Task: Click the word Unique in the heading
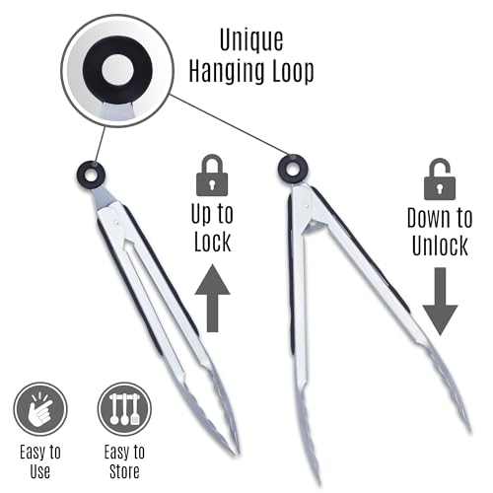(251, 40)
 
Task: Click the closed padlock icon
(212, 175)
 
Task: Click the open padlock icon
(440, 179)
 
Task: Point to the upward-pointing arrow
(213, 298)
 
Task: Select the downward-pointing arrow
(440, 302)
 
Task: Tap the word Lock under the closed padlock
(213, 242)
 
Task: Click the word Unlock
(440, 246)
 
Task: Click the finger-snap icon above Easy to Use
(40, 409)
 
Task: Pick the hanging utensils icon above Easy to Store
(124, 409)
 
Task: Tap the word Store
(124, 471)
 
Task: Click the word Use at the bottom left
(40, 471)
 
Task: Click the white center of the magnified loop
(117, 70)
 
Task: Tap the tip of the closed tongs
(236, 453)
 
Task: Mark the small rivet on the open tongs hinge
(306, 206)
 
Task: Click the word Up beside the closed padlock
(201, 215)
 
